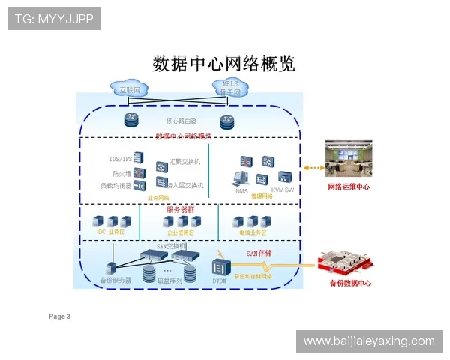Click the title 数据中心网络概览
pyautogui.click(x=223, y=63)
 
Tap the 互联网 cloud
pyautogui.click(x=130, y=89)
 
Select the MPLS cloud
pyautogui.click(x=229, y=88)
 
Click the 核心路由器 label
pyautogui.click(x=181, y=120)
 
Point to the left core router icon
pyautogui.click(x=132, y=120)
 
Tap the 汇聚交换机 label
pyautogui.click(x=185, y=161)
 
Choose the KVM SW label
pyautogui.click(x=282, y=190)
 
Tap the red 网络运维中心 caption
pyautogui.click(x=349, y=186)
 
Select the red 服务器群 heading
pyautogui.click(x=180, y=210)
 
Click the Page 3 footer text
pyautogui.click(x=60, y=316)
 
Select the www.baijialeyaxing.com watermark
pyautogui.click(x=369, y=341)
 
